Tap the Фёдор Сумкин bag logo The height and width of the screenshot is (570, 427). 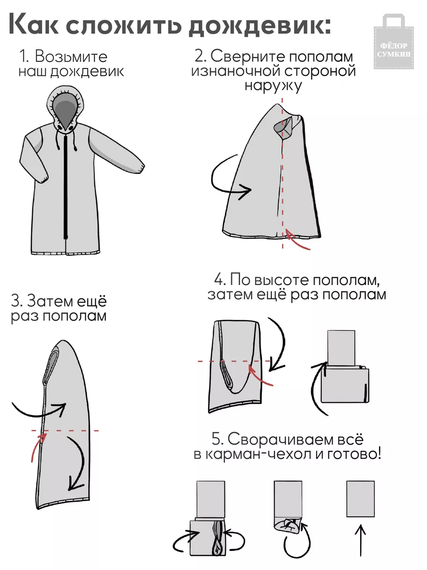pyautogui.click(x=394, y=41)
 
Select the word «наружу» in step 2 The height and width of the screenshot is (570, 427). pyautogui.click(x=273, y=85)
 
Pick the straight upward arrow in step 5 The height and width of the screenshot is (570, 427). pyautogui.click(x=361, y=540)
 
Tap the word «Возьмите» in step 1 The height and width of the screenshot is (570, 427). pyautogui.click(x=71, y=57)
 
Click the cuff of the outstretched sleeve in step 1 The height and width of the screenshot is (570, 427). pyautogui.click(x=139, y=168)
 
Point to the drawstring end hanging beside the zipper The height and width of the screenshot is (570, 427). pyautogui.click(x=75, y=149)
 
